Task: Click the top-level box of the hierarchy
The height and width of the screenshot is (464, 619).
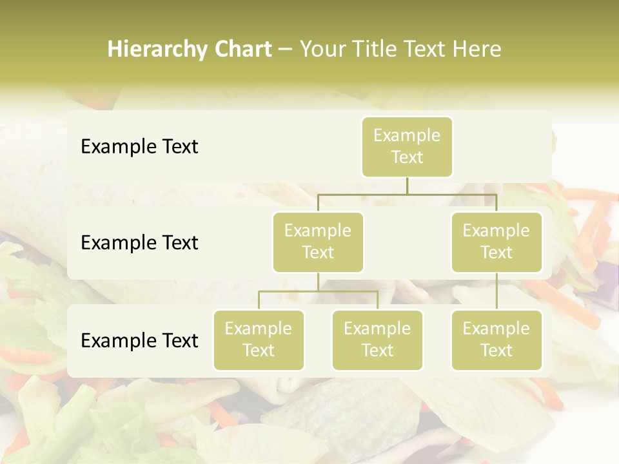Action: click(x=407, y=146)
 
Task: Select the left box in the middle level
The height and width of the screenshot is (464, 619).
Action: click(x=318, y=242)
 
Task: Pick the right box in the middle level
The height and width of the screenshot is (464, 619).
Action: click(x=496, y=242)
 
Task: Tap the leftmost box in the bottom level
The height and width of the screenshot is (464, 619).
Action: click(x=259, y=340)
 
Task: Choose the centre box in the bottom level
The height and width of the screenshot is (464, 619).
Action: click(x=377, y=340)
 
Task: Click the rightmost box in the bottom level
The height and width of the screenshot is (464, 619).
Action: click(x=496, y=340)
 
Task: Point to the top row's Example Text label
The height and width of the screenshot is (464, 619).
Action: click(x=139, y=146)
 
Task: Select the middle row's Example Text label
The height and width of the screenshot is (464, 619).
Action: click(x=139, y=242)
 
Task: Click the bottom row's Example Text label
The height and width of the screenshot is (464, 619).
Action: click(x=139, y=340)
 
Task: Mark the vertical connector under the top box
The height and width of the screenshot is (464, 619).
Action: click(x=407, y=186)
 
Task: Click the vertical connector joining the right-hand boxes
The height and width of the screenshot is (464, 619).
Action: click(x=496, y=291)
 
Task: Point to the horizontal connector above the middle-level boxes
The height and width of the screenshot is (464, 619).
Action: click(x=407, y=194)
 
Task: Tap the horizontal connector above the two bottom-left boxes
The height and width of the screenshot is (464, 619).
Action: click(x=318, y=291)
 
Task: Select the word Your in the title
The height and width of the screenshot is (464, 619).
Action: click(x=321, y=50)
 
